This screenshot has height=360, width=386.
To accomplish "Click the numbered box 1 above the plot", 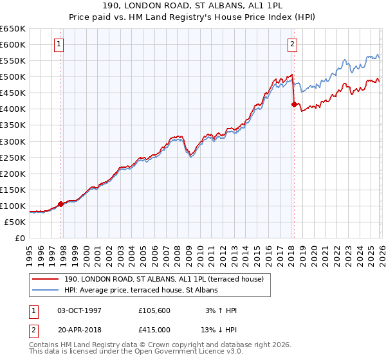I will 59,44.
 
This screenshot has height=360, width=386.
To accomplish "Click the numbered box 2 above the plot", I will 292,44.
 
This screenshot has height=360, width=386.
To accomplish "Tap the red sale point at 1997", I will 61,204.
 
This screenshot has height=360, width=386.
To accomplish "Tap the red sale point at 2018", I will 294,104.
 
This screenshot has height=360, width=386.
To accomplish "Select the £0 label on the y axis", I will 19,238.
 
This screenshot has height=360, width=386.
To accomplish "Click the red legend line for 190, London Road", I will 46,279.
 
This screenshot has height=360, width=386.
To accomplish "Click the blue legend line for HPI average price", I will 46,290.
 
